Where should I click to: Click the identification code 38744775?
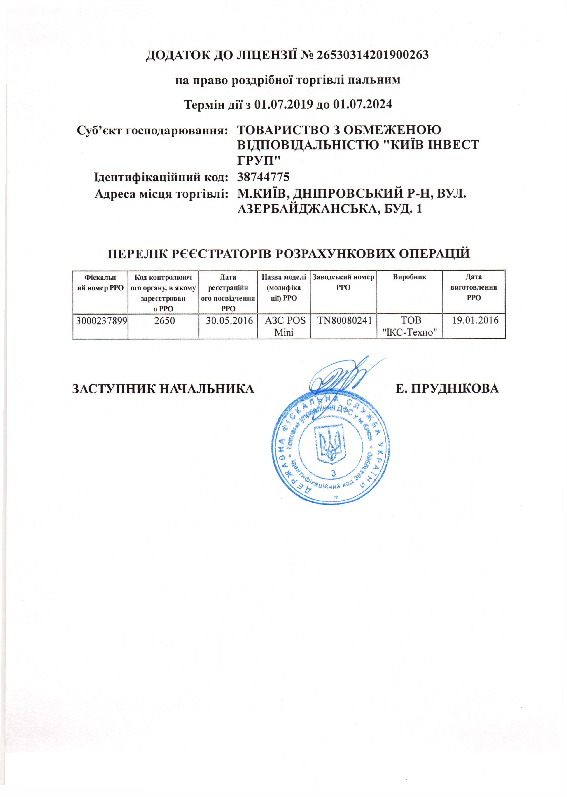(263, 177)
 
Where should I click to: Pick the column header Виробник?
(410, 277)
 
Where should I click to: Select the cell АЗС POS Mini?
(284, 326)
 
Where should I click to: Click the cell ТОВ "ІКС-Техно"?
(410, 326)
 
